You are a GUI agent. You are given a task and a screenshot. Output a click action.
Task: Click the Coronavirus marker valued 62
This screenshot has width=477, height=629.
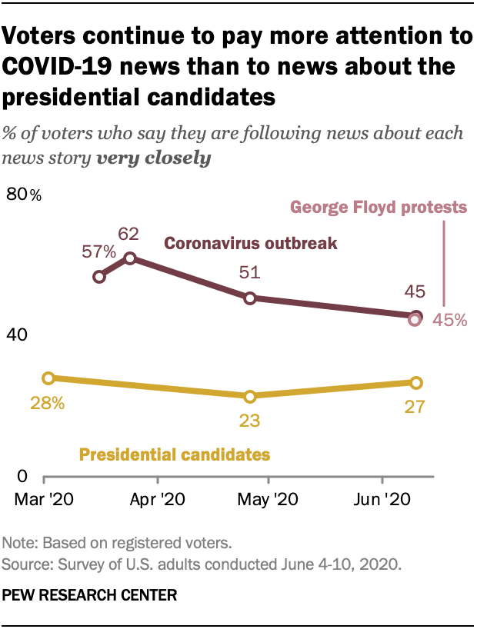131,258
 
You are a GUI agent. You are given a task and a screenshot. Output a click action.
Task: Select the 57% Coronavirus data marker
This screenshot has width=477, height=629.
98,277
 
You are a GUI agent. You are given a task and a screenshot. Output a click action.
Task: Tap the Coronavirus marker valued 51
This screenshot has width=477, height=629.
250,298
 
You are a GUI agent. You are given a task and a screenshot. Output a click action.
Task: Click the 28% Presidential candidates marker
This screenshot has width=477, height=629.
48,378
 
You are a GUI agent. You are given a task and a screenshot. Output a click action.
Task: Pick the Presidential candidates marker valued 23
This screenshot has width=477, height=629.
249,397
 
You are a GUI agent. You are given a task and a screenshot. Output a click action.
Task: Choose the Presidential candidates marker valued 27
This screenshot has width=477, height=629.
416,382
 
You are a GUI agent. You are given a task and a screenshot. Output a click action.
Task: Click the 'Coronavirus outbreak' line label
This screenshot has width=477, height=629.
251,244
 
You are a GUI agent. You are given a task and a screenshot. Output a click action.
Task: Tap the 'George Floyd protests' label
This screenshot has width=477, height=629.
378,207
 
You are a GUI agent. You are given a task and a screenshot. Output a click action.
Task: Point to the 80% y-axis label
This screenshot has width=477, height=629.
24,195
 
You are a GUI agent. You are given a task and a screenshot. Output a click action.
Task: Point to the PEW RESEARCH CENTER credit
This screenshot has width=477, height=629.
90,595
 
